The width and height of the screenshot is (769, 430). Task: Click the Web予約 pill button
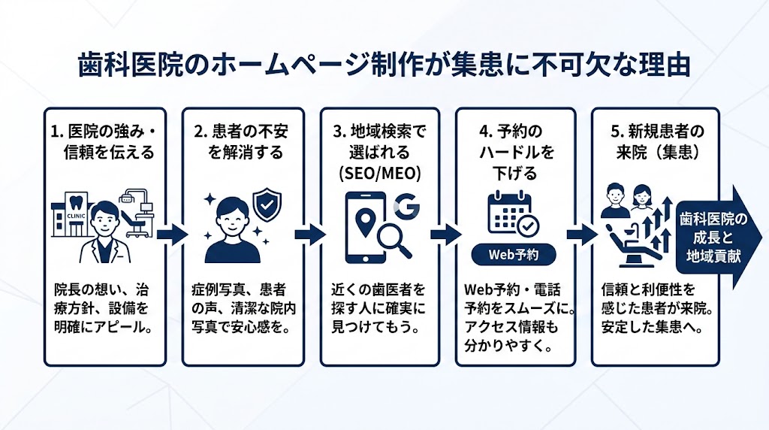pyautogui.click(x=515, y=254)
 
